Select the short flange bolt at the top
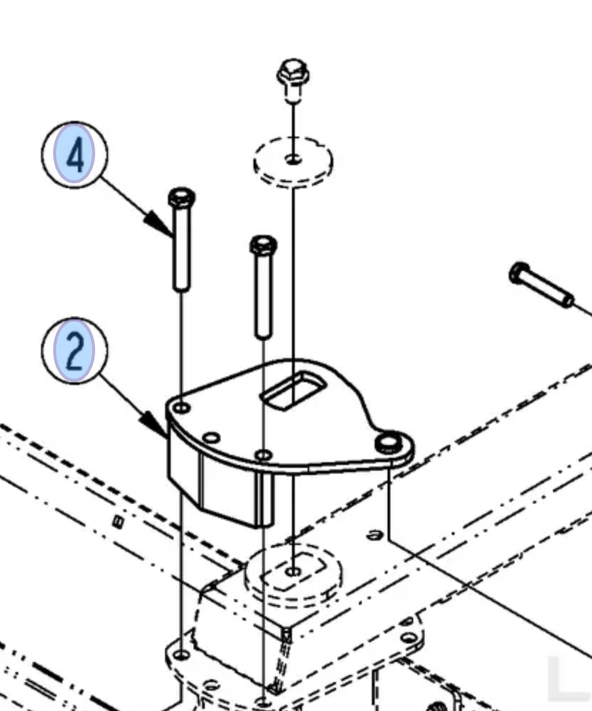293,81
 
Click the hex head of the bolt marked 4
182,197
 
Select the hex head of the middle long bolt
263,245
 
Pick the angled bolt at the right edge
541,285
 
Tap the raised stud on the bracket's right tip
388,443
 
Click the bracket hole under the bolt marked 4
182,408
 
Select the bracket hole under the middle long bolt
264,455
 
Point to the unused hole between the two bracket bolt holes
212,438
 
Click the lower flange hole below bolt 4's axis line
181,654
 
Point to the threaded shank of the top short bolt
293,93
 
